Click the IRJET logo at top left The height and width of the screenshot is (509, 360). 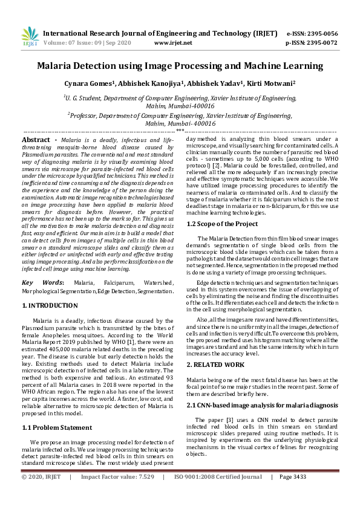pos(30,37)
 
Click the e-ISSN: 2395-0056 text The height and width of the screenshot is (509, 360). pos(312,34)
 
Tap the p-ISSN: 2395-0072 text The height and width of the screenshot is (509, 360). pos(312,43)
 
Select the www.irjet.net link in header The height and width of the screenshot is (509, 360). pos(173,43)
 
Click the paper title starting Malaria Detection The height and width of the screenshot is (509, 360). pos(180,66)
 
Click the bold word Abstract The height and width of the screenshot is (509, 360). pos(36,140)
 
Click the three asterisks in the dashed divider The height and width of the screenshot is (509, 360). pos(180,131)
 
